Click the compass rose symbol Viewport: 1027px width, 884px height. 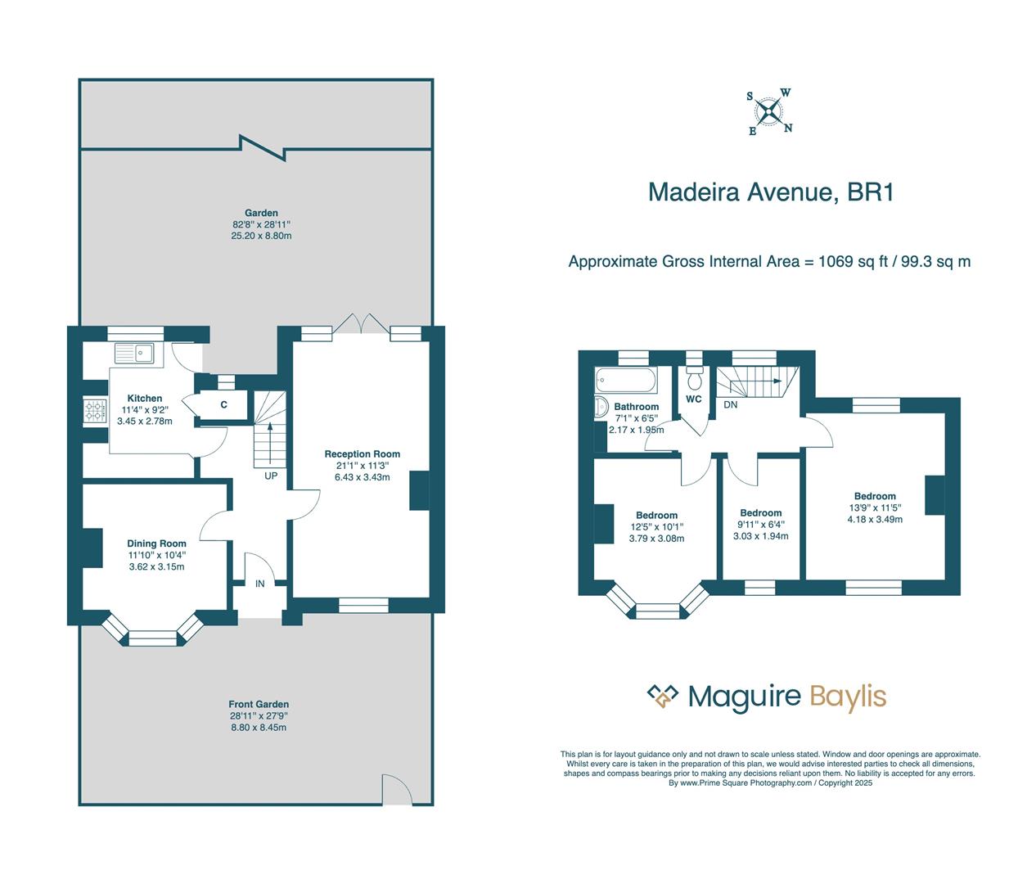pos(769,112)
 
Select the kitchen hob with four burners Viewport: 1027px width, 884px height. pos(95,410)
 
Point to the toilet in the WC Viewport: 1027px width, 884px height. pos(695,379)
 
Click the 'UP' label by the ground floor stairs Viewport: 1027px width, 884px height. pos(270,476)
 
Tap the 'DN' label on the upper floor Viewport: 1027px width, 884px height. pos(730,404)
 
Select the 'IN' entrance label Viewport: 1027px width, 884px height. pos(259,584)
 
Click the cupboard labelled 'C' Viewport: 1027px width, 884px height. pos(223,405)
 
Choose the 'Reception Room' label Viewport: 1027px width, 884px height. pos(362,454)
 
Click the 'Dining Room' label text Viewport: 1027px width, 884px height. pos(156,543)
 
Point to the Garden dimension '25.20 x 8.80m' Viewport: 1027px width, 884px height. pos(261,236)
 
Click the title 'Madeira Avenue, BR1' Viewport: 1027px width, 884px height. pos(770,192)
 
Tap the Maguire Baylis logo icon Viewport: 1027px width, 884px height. pos(663,696)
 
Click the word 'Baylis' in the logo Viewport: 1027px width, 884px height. pos(848,697)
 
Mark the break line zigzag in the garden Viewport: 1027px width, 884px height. pos(261,148)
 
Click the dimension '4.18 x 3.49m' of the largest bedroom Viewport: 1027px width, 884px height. pos(875,519)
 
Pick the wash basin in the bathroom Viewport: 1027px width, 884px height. pos(600,407)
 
